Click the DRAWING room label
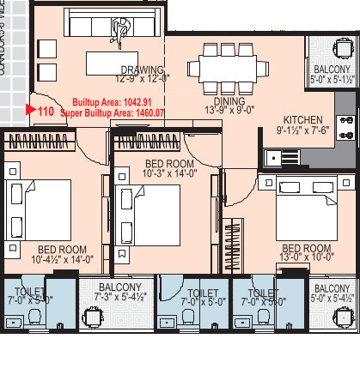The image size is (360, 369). pos(137,70)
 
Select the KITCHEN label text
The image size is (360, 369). pos(303,120)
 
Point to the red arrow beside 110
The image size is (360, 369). pos(31,110)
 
